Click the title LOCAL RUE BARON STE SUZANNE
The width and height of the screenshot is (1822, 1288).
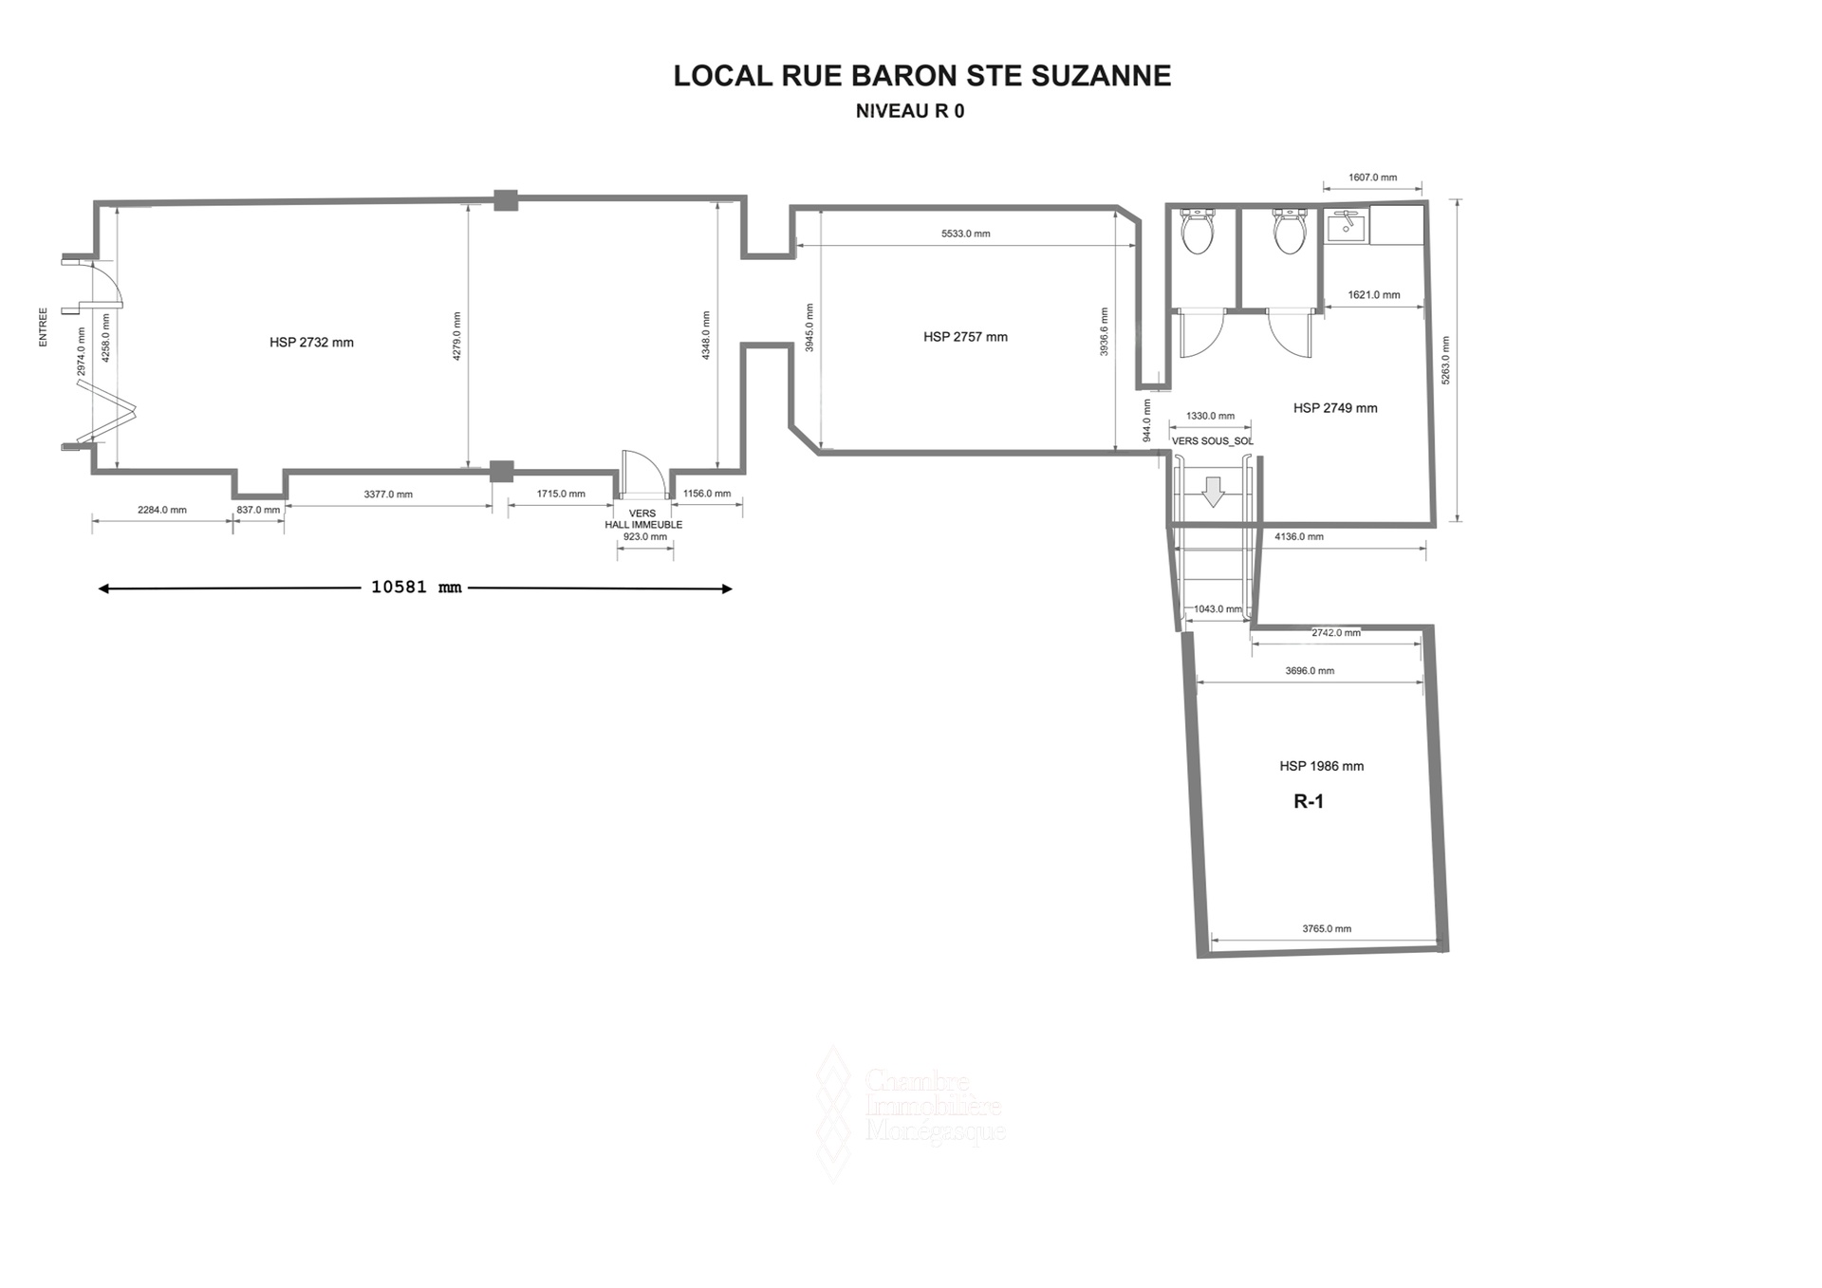(922, 76)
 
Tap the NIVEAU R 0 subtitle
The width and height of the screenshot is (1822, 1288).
(910, 111)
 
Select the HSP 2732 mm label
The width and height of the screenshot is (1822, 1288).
(311, 343)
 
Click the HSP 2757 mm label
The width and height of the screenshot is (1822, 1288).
(965, 337)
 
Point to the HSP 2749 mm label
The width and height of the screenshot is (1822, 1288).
(1335, 408)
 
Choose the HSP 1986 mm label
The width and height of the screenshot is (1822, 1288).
(1321, 766)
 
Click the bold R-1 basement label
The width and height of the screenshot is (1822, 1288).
(1309, 802)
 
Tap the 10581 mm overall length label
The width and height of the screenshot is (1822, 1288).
(416, 588)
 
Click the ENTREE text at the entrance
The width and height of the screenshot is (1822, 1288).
(43, 327)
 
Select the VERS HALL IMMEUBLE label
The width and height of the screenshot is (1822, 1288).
(643, 519)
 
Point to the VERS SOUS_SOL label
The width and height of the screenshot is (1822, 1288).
(1212, 441)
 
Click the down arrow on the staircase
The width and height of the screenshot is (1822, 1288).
(1213, 492)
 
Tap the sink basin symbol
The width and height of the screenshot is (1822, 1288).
(1347, 227)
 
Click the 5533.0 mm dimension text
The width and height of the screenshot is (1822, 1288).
(965, 233)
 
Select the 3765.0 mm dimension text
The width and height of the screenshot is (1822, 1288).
(1327, 929)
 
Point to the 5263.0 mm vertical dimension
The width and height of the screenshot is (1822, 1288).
(1445, 361)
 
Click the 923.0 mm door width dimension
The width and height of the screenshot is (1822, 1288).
(644, 537)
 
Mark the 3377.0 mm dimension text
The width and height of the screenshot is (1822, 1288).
(388, 495)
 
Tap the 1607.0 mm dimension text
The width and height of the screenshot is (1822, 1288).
(1372, 177)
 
